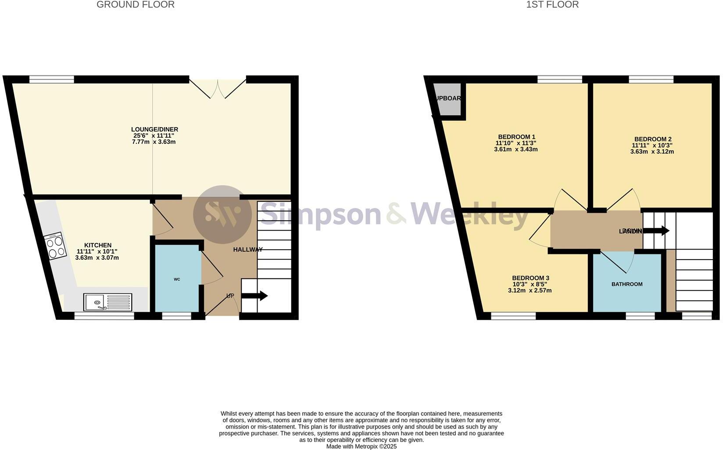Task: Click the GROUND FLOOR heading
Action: point(136,5)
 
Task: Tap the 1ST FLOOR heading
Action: point(552,5)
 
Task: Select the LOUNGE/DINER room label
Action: point(154,129)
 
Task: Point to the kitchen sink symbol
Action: point(107,302)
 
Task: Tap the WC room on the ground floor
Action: point(177,279)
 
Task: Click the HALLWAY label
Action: point(247,250)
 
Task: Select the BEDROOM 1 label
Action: point(516,137)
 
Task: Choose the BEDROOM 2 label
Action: point(653,139)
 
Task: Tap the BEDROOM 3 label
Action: point(530,278)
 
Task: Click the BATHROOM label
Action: point(627,284)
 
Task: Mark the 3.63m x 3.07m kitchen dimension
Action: point(97,258)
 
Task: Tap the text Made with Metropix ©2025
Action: point(361,446)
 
